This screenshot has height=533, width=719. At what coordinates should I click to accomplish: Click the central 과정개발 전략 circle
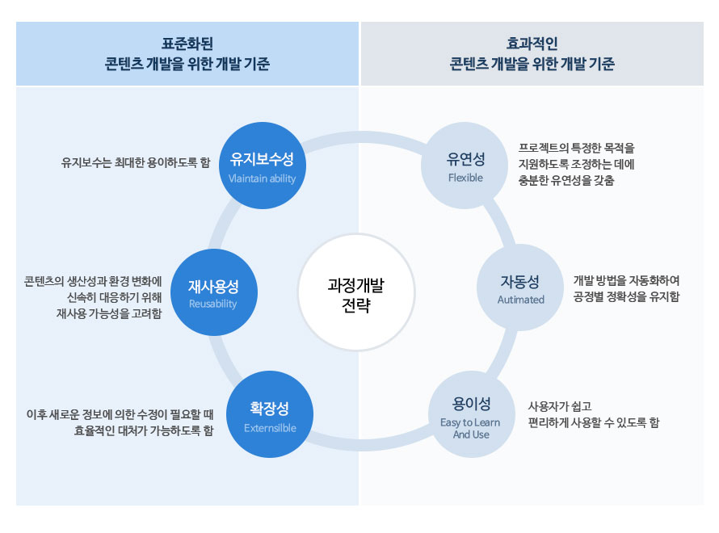click(355, 293)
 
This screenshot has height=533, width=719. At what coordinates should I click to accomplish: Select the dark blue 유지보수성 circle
click(262, 166)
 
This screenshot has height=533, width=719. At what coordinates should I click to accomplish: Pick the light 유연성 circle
click(465, 166)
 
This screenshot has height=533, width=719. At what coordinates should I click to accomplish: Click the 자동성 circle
click(520, 288)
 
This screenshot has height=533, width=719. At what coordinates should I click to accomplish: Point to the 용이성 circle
click(472, 413)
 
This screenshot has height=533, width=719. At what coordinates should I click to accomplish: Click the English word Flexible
click(465, 178)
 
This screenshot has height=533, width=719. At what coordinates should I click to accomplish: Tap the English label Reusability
click(212, 304)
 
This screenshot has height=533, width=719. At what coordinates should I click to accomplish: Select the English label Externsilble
click(270, 428)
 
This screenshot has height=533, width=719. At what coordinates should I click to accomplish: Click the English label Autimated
click(520, 300)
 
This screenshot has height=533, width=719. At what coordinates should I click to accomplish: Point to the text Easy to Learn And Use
click(470, 428)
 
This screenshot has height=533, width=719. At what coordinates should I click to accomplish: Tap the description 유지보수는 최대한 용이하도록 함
click(136, 162)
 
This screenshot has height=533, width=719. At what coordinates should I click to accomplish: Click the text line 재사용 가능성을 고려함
click(103, 313)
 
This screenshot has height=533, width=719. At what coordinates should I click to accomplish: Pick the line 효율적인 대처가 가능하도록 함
click(142, 430)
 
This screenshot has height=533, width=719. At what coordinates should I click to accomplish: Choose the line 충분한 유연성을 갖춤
click(566, 181)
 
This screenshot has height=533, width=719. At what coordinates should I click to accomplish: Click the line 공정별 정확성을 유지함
click(626, 296)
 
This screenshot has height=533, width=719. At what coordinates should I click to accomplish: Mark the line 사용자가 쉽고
click(560, 406)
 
